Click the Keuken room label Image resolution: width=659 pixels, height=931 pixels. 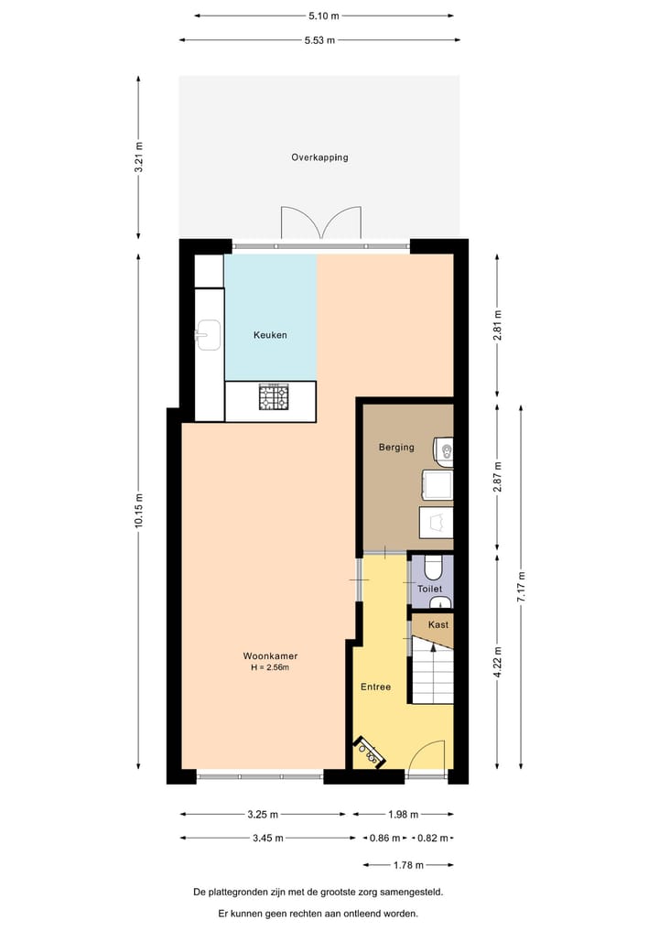click(270, 335)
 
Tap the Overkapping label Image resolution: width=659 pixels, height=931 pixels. click(319, 157)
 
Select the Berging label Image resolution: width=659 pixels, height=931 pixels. click(396, 448)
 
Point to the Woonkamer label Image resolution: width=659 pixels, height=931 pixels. click(270, 655)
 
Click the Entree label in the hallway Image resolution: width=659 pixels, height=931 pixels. click(377, 686)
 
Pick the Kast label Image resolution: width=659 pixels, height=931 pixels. click(438, 624)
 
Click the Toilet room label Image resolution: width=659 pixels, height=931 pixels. click(430, 589)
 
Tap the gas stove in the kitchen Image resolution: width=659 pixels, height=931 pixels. click(273, 397)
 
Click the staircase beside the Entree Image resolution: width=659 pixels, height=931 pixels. click(432, 670)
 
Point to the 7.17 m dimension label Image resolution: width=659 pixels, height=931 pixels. click(521, 584)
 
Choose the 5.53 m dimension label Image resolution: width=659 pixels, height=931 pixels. click(319, 40)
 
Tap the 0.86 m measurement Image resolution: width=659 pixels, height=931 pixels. click(384, 838)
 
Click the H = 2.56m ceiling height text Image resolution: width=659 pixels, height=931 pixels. click(270, 667)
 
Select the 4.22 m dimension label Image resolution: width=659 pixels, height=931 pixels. click(497, 662)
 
